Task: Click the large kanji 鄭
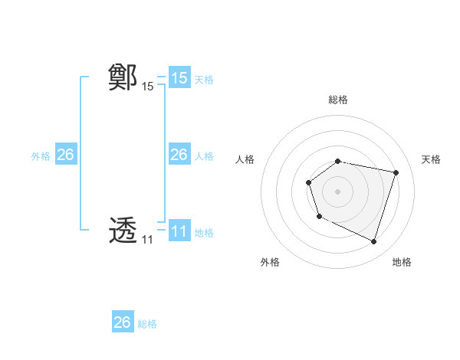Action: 123,78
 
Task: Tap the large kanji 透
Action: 123,231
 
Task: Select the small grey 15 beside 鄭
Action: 148,87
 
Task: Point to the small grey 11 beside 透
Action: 147,240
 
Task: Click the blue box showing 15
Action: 179,78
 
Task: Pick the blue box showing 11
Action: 179,231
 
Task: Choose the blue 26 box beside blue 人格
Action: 179,155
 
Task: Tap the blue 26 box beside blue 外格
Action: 66,155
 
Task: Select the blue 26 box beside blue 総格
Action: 123,322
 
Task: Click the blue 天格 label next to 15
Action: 204,80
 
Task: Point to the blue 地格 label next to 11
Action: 204,233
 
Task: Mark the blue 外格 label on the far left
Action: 41,156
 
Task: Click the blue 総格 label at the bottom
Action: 147,324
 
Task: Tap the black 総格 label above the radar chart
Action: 338,100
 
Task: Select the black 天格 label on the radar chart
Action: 432,159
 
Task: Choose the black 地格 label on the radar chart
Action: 402,263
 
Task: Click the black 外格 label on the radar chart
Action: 270,263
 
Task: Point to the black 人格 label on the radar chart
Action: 245,159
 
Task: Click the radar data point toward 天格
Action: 396,173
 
